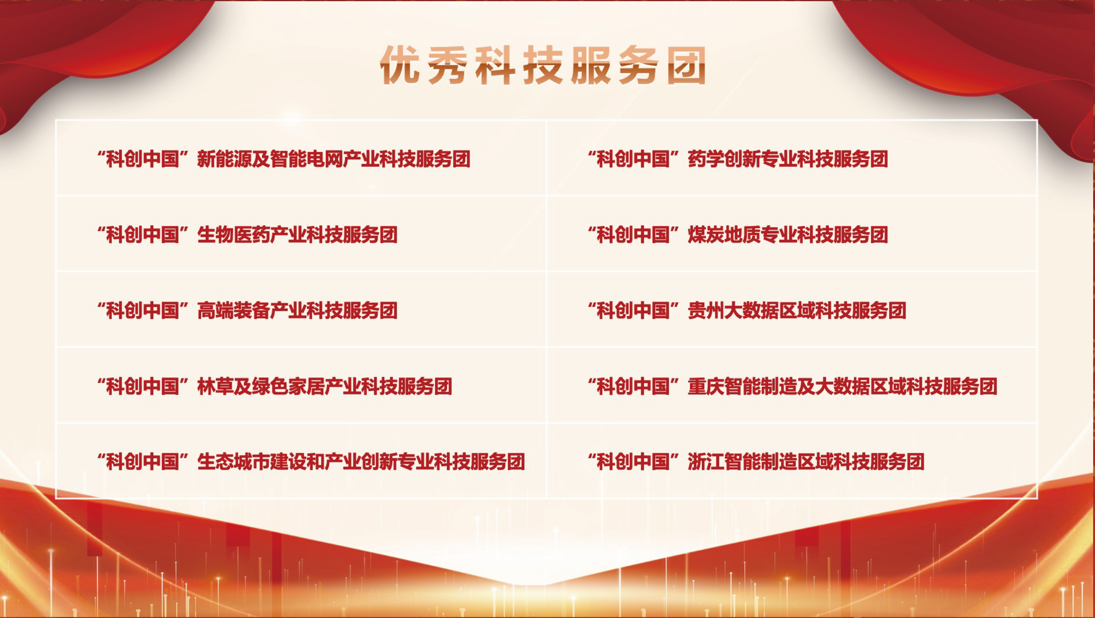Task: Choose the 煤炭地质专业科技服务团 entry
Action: tap(738, 235)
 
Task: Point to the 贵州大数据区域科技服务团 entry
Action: tap(747, 311)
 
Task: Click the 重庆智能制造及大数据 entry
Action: tap(792, 386)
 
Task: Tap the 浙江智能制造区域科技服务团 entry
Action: tap(756, 462)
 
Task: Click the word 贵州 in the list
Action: tap(706, 311)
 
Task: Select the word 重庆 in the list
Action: tap(706, 386)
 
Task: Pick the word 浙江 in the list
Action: tap(706, 462)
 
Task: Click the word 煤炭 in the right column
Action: tap(706, 235)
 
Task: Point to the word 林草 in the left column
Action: tap(216, 386)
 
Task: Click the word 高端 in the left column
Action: tap(216, 311)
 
